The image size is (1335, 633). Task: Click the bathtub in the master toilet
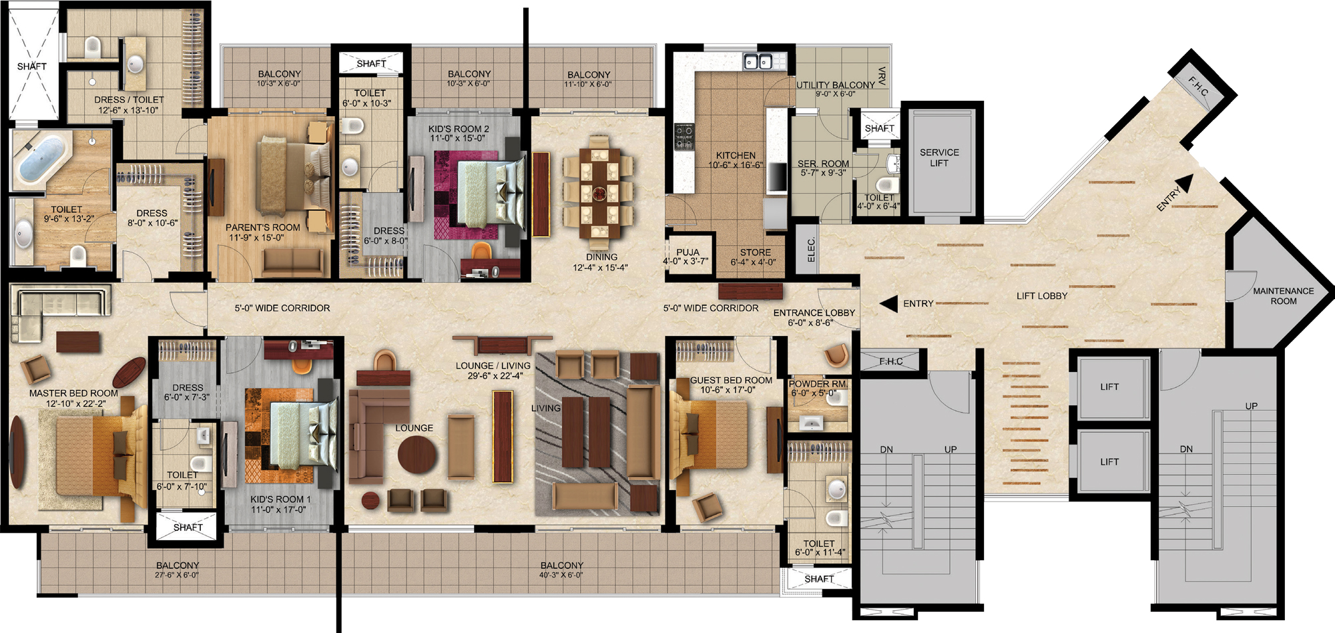[x=41, y=158]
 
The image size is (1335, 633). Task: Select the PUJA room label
[x=688, y=252]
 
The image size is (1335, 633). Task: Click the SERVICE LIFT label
[x=939, y=158]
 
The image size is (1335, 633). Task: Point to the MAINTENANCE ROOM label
[x=1283, y=296]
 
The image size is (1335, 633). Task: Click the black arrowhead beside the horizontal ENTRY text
[x=888, y=304]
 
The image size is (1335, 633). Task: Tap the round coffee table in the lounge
[x=417, y=455]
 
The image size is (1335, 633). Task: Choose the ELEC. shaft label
[x=811, y=250]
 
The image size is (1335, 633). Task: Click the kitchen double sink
[x=758, y=62]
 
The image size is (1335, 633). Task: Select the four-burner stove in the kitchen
[x=684, y=136]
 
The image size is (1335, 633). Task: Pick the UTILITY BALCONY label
[x=835, y=85]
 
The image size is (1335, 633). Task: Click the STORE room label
[x=755, y=252]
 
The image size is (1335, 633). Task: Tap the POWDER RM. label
[x=818, y=384]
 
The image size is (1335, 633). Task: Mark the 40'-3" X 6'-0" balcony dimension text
[x=561, y=575]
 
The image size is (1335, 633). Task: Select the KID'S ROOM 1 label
[x=280, y=499]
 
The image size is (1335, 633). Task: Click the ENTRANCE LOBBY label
[x=814, y=312]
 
